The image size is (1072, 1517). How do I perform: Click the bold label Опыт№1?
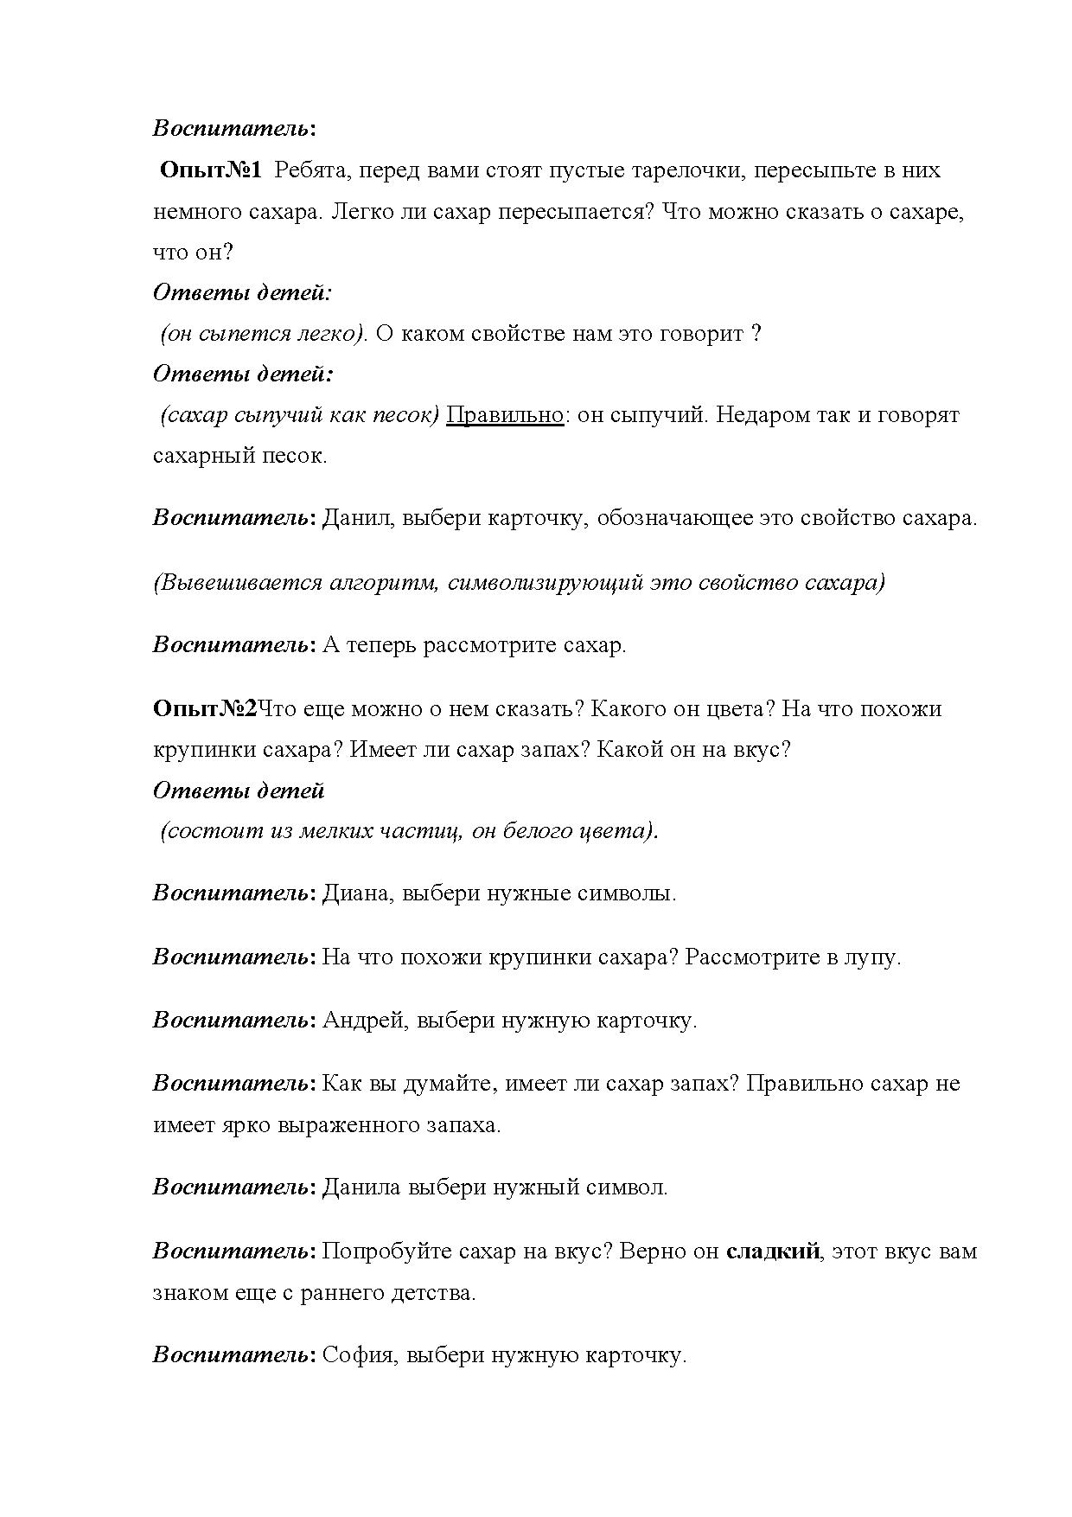pos(211,170)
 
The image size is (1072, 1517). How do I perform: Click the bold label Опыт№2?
pos(205,708)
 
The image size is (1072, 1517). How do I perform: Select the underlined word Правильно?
pos(505,415)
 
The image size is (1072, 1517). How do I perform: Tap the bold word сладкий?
pos(773,1251)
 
